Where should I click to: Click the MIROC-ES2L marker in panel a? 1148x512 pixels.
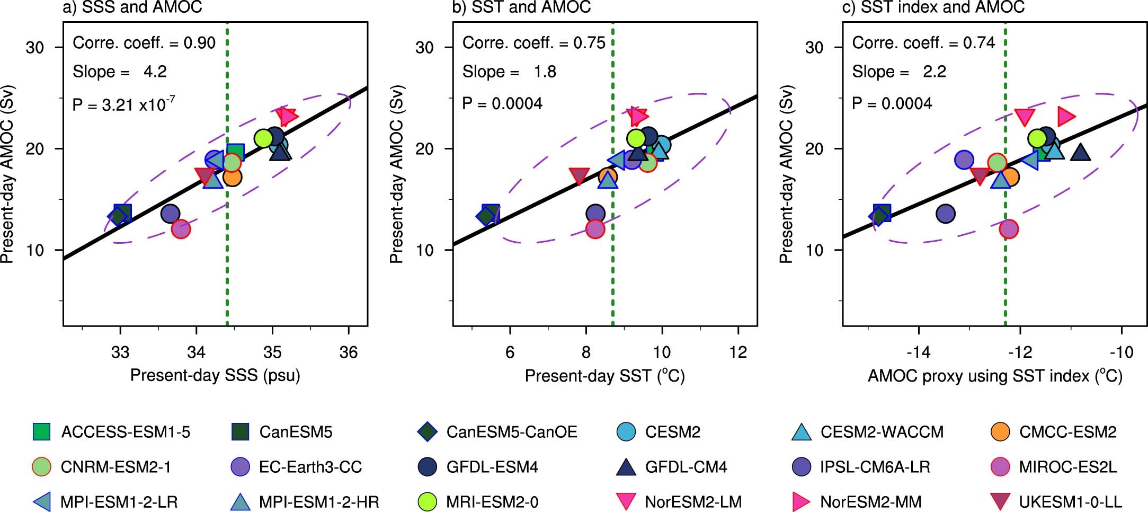181,229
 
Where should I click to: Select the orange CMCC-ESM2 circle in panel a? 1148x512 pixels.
233,177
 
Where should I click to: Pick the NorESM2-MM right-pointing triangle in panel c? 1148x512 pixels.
1065,116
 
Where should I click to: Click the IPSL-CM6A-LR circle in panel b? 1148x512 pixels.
595,214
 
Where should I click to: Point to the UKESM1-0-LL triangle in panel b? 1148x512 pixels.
579,175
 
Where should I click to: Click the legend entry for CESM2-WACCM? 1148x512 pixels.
882,432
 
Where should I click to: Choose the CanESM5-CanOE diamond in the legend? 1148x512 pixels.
427,432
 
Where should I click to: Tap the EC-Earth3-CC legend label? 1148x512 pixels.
310,467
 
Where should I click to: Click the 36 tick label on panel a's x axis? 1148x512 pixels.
348,352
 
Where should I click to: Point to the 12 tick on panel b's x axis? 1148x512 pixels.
738,352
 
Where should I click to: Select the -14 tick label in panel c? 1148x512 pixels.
918,352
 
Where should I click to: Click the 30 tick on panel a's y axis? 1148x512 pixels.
35,48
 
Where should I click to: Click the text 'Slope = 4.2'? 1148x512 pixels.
120,72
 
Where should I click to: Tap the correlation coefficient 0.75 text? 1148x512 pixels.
533,43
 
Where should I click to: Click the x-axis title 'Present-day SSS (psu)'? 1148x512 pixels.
215,375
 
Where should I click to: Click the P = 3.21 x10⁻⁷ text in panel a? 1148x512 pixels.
124,104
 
